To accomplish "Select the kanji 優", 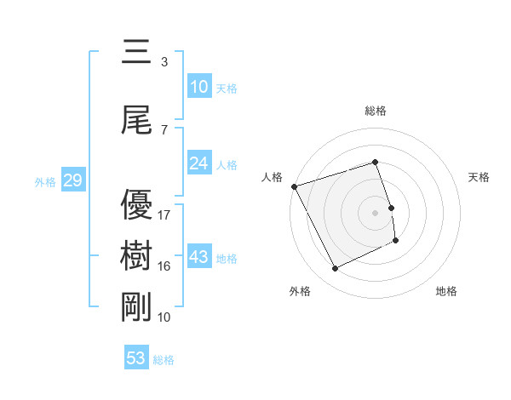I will [137, 205].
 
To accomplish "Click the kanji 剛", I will [137, 306].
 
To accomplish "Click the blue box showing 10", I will [199, 87].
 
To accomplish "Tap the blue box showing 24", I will [199, 163].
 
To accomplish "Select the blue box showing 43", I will [199, 258].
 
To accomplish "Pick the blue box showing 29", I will [72, 180].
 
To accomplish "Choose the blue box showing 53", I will [136, 358].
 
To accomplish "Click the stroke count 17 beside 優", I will [164, 214].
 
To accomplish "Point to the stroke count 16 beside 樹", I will [164, 266].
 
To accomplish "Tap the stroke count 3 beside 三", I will [164, 62].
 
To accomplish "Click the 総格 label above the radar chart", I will [376, 111].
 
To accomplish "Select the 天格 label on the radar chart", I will [479, 177].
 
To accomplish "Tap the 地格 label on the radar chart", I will [446, 291].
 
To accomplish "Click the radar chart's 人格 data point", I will [294, 186].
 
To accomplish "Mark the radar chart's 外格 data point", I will [335, 269].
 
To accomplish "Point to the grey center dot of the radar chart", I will [376, 212].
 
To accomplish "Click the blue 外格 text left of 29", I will [45, 181].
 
